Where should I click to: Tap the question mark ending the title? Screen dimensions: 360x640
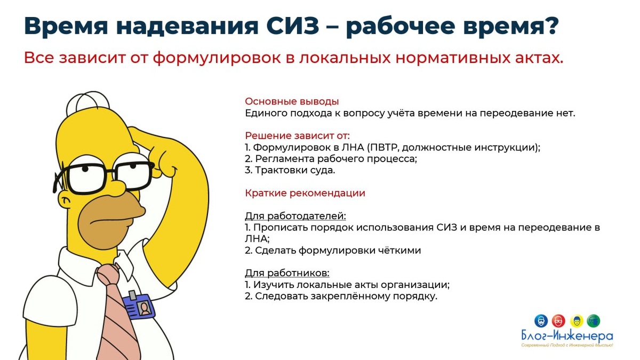click(550, 27)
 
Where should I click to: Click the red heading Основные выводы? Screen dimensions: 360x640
click(292, 101)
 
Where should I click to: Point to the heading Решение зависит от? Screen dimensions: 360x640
click(297, 135)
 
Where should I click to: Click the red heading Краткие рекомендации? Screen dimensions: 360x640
click(305, 193)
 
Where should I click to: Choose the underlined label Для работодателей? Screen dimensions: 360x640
click(295, 216)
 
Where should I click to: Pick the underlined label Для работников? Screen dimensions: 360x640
click(287, 273)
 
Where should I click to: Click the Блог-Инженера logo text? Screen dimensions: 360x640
click(567, 337)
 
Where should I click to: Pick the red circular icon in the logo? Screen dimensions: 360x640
click(558, 321)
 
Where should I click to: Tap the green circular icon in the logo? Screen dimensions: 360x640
click(593, 321)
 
